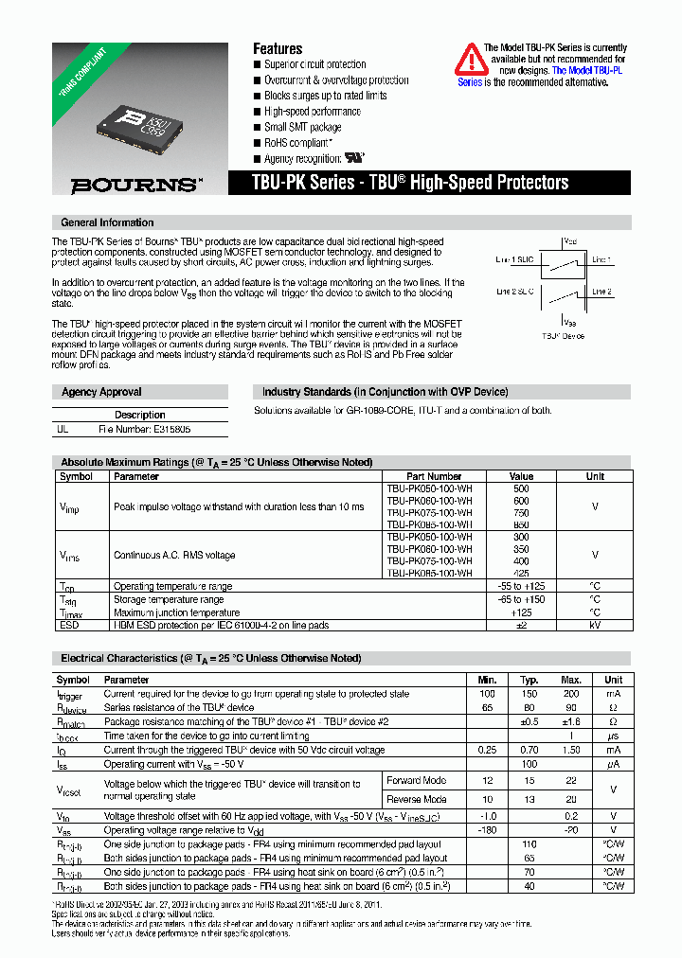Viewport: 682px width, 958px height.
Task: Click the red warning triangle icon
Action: pos(471,60)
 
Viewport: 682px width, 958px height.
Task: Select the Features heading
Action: pos(278,48)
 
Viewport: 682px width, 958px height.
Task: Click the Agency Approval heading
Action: pos(101,392)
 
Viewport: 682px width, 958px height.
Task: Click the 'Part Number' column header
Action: pos(433,476)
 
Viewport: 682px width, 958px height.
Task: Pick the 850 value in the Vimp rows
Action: pos(521,523)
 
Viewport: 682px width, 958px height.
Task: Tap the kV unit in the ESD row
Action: pos(594,624)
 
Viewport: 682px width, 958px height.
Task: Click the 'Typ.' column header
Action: pos(529,680)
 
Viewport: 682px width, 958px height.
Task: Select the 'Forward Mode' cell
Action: pos(417,781)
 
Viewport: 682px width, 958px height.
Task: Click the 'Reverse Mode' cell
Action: pos(417,800)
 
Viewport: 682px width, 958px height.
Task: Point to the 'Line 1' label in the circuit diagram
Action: pos(601,259)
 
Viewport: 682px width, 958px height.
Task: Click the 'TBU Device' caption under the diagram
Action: pos(563,335)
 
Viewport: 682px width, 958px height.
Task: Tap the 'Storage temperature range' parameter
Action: pos(169,599)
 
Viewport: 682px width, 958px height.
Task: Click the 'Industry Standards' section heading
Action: pos(385,392)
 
